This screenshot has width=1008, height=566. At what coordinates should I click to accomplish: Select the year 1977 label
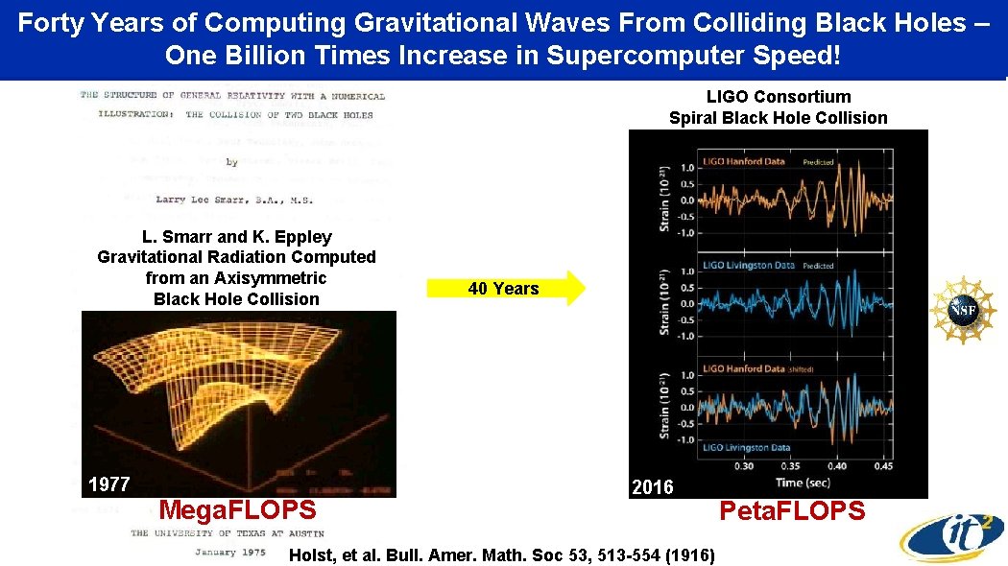point(108,484)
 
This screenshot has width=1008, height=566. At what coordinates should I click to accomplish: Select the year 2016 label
point(653,487)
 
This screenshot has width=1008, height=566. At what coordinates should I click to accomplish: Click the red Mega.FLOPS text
point(236,509)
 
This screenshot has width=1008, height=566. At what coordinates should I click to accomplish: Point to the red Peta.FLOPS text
point(792,511)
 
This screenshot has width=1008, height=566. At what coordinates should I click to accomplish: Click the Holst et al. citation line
point(502,554)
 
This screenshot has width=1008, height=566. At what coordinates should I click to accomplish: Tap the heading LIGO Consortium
point(778,96)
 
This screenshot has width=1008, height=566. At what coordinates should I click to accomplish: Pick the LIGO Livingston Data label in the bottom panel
point(746,448)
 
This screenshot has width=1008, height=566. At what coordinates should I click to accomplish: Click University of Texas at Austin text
point(228,533)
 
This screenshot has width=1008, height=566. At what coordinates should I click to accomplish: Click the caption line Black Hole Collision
point(236,298)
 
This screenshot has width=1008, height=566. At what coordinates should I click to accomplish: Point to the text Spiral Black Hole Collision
point(778,118)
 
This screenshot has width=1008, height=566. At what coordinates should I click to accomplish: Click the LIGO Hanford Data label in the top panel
point(744,161)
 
